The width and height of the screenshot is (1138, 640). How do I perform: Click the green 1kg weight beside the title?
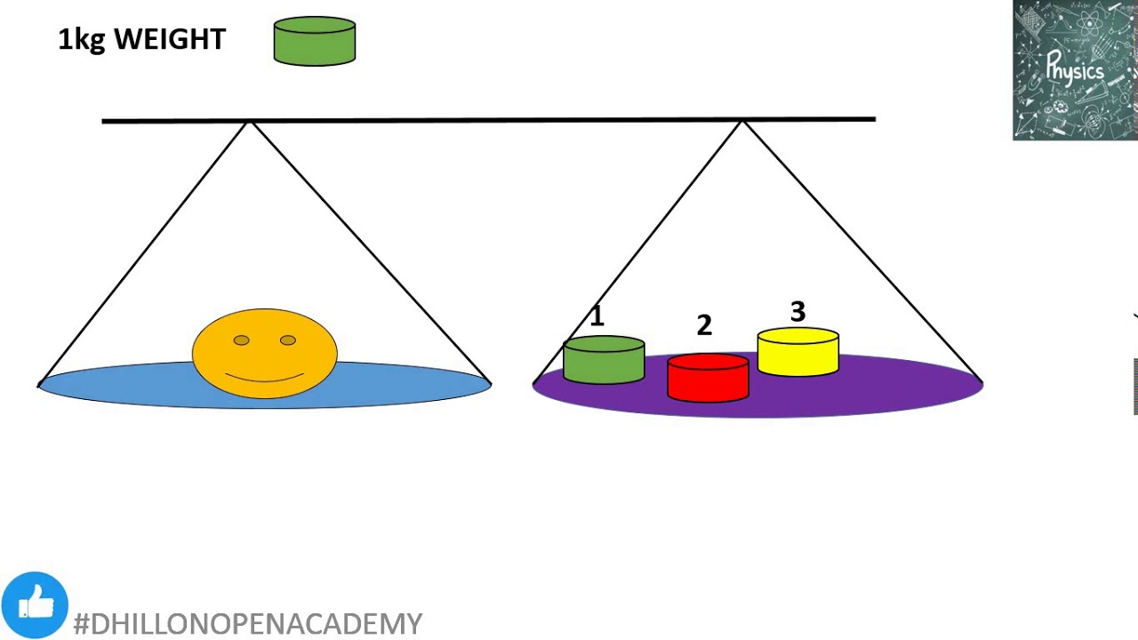(315, 42)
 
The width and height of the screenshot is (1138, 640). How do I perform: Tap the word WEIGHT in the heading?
(170, 39)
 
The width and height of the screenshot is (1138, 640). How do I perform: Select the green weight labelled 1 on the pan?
(604, 361)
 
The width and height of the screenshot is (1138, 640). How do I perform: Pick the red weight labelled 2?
(708, 380)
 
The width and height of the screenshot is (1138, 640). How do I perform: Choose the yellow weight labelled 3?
(797, 353)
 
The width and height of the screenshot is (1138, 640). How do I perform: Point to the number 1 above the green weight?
(597, 316)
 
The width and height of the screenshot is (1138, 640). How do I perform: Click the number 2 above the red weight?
(704, 325)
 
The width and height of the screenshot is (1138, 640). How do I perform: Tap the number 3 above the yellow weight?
(797, 312)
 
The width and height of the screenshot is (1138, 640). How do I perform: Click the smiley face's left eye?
(241, 340)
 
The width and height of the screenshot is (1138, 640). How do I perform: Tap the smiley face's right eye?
(287, 340)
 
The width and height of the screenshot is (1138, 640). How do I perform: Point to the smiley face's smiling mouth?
(264, 377)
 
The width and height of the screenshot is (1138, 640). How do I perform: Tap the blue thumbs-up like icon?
(35, 605)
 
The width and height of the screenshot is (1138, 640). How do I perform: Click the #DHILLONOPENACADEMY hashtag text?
(247, 624)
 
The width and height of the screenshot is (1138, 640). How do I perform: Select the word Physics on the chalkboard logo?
(1074, 68)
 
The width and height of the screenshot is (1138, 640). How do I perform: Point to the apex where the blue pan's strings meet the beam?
(250, 124)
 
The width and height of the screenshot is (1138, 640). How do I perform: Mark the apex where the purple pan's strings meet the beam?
(741, 124)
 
